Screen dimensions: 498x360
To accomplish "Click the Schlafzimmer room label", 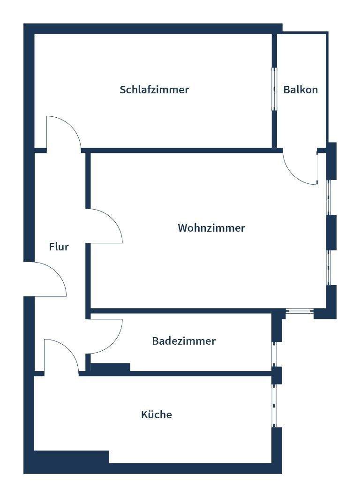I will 154,90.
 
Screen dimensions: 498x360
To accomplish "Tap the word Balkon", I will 300,90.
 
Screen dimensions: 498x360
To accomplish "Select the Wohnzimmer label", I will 211,228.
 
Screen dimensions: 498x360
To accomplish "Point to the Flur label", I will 59,247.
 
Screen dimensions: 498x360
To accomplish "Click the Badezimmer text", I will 184,341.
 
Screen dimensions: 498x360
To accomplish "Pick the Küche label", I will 157,415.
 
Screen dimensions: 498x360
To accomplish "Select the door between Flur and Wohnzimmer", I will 105,226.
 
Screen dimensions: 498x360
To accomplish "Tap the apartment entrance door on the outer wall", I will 46,279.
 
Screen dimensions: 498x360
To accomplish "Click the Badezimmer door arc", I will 105,336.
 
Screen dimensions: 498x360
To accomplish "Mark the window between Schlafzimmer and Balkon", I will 275,89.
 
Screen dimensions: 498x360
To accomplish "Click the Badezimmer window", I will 276,354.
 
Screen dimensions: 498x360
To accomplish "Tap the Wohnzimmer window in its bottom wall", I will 300,311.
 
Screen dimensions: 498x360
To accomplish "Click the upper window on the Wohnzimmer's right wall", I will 329,197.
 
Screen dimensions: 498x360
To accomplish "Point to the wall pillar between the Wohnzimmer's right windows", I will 331,232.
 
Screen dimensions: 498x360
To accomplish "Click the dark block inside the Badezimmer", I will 111,367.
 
